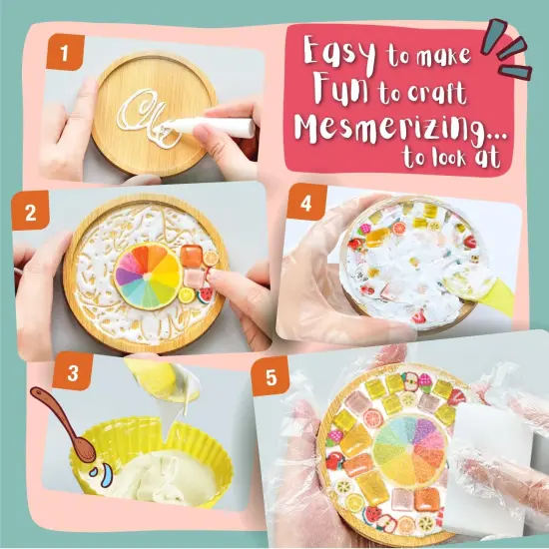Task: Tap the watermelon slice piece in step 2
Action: click(206, 294)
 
